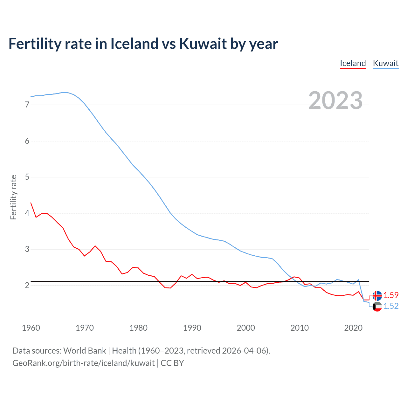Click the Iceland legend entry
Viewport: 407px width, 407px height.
(x=353, y=63)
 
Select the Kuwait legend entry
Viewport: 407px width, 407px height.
(x=385, y=63)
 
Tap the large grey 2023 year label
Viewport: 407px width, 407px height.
(x=335, y=100)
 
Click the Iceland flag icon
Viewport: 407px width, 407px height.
(x=377, y=296)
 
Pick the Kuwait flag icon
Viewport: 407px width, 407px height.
(x=377, y=307)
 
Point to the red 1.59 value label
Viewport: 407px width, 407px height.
(x=391, y=295)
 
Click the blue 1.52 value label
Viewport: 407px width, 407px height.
(x=391, y=306)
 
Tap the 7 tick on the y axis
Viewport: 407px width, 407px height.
(x=27, y=105)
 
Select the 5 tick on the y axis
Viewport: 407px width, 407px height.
(x=27, y=177)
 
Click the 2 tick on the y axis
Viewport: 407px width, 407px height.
(x=27, y=285)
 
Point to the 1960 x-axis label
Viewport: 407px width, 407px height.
(x=31, y=328)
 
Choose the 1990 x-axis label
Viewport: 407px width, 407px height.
(x=192, y=328)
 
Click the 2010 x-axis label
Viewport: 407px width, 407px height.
(x=300, y=328)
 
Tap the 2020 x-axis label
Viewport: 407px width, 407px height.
(x=353, y=328)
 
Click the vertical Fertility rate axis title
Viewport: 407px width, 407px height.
(x=13, y=197)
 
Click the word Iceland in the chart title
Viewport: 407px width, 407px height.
(x=134, y=44)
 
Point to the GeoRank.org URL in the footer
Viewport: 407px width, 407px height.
(x=83, y=363)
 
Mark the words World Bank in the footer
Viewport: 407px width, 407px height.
(x=85, y=351)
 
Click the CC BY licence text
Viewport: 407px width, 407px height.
(x=172, y=363)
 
